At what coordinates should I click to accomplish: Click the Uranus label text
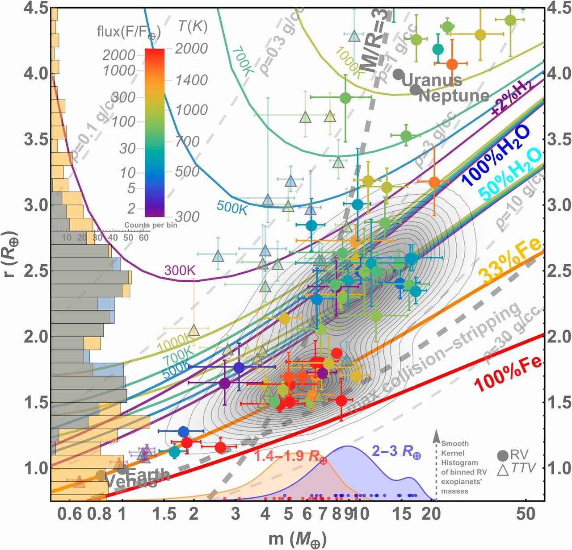coord(432,81)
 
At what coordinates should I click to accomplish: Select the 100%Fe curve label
coord(508,377)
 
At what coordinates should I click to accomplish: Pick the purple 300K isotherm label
coord(180,270)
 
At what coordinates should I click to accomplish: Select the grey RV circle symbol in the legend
coord(503,455)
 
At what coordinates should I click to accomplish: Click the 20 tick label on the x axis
coord(433,514)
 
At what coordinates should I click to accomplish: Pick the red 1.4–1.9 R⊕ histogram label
coord(291,456)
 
